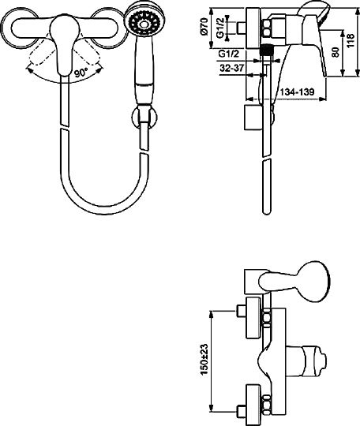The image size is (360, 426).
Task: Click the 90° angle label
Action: click(x=81, y=73)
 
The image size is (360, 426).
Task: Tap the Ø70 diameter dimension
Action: click(x=204, y=26)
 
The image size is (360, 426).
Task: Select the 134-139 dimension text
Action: click(x=297, y=92)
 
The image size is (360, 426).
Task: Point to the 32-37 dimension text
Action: click(x=231, y=68)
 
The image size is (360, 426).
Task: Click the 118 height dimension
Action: click(x=351, y=40)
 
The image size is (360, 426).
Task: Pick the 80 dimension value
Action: click(x=336, y=52)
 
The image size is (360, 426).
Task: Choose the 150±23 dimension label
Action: click(x=204, y=360)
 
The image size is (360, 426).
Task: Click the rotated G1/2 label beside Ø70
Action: click(x=220, y=28)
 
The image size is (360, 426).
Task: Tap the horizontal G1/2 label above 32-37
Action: click(x=228, y=54)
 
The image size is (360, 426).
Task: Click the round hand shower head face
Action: click(x=144, y=24)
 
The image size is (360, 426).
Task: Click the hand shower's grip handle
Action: click(x=144, y=72)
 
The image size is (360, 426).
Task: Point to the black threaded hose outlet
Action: click(x=268, y=50)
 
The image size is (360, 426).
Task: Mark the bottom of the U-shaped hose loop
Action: click(x=105, y=210)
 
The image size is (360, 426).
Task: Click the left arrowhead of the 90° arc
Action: click(x=29, y=70)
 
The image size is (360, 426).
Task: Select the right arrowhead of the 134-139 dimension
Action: click(x=322, y=99)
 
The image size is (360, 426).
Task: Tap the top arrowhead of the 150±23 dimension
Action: click(x=212, y=313)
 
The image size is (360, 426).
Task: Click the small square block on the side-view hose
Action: click(x=253, y=117)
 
